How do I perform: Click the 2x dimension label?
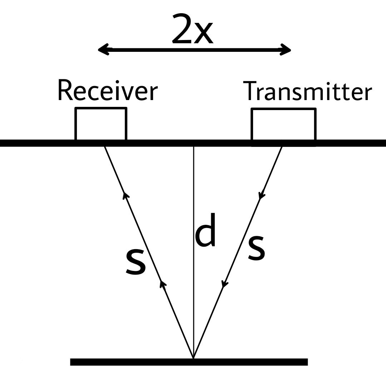click(x=193, y=30)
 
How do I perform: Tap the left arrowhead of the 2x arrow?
click(x=103, y=50)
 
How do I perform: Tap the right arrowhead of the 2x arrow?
click(x=286, y=50)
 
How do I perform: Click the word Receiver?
click(x=107, y=90)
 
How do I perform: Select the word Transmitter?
click(x=308, y=91)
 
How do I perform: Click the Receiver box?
click(x=101, y=124)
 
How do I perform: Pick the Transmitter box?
click(x=283, y=124)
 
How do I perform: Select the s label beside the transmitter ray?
click(x=257, y=247)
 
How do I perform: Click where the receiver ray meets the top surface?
click(x=104, y=146)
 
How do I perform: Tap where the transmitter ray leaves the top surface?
click(x=282, y=146)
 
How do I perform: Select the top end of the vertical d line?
click(x=193, y=147)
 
